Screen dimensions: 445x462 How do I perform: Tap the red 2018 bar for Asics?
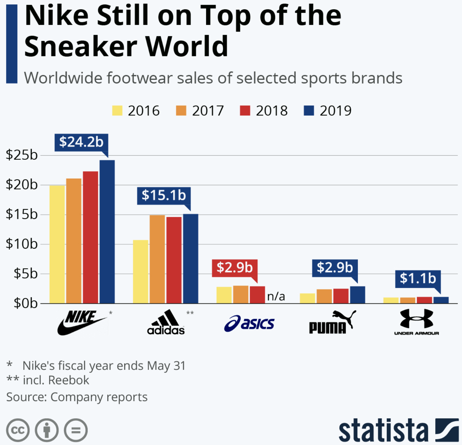tap(257, 295)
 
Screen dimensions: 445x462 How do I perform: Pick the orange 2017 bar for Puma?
tap(324, 296)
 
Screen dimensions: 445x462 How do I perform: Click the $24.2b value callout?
tap(81, 142)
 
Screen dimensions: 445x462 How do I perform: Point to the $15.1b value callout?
tap(164, 195)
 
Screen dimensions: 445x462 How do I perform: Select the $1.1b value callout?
tap(418, 279)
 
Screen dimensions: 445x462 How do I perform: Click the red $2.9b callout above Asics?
tap(235, 268)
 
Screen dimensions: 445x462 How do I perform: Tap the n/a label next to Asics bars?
tap(276, 296)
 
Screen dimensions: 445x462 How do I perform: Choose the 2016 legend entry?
tap(136, 111)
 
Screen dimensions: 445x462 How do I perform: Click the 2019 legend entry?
tap(328, 111)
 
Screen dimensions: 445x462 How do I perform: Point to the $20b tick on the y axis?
tap(22, 185)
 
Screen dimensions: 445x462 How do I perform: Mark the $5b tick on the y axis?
tap(25, 274)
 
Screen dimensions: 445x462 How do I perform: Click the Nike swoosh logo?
tap(82, 323)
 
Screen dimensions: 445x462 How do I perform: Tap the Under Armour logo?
tap(416, 321)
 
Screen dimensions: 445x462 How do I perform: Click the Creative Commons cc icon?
tap(18, 430)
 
